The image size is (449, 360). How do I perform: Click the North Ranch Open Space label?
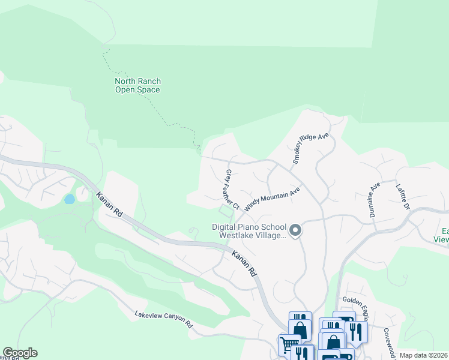click(137, 85)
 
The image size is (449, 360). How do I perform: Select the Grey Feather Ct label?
click(232, 189)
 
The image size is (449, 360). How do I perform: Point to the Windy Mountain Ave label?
click(271, 196)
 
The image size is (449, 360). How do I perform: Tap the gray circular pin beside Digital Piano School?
click(295, 230)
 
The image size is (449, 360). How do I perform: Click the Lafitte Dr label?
click(402, 197)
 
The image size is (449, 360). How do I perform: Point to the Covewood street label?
click(388, 340)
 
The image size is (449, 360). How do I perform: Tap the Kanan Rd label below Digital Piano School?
click(243, 263)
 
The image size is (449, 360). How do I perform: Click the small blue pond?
click(70, 199)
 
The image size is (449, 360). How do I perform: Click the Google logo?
click(20, 353)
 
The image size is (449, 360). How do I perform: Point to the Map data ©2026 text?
click(423, 355)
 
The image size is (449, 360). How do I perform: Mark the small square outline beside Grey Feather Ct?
click(226, 211)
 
